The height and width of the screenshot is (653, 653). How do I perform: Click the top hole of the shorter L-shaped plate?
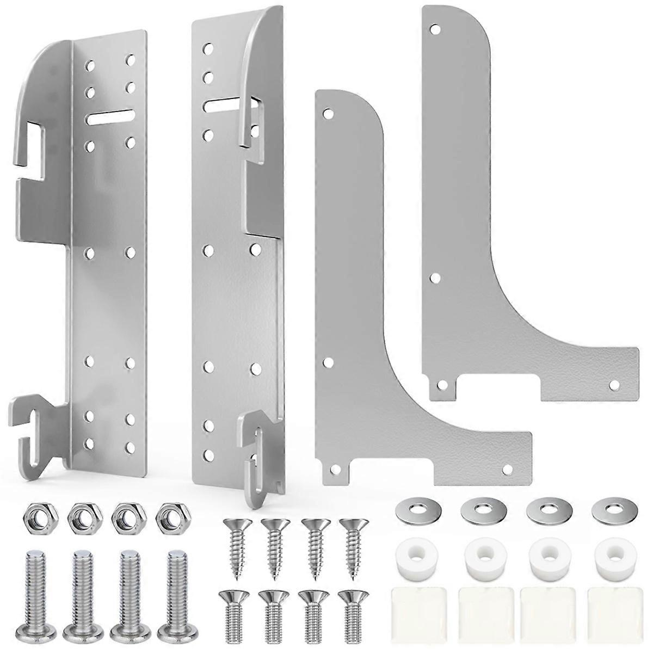pyautogui.click(x=328, y=115)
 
